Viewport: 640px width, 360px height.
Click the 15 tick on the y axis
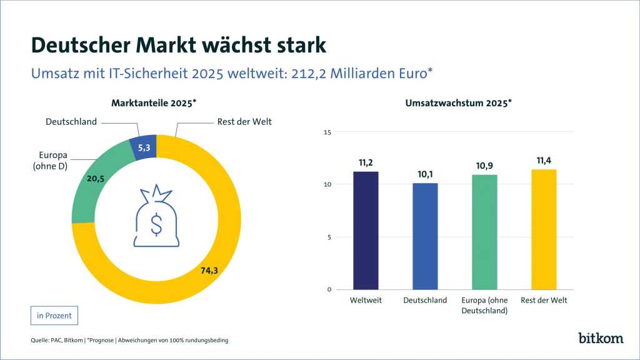(x=327, y=132)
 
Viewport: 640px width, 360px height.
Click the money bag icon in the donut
(x=156, y=216)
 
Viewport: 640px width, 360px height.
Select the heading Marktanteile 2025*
(x=154, y=102)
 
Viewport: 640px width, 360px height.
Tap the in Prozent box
(x=54, y=316)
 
